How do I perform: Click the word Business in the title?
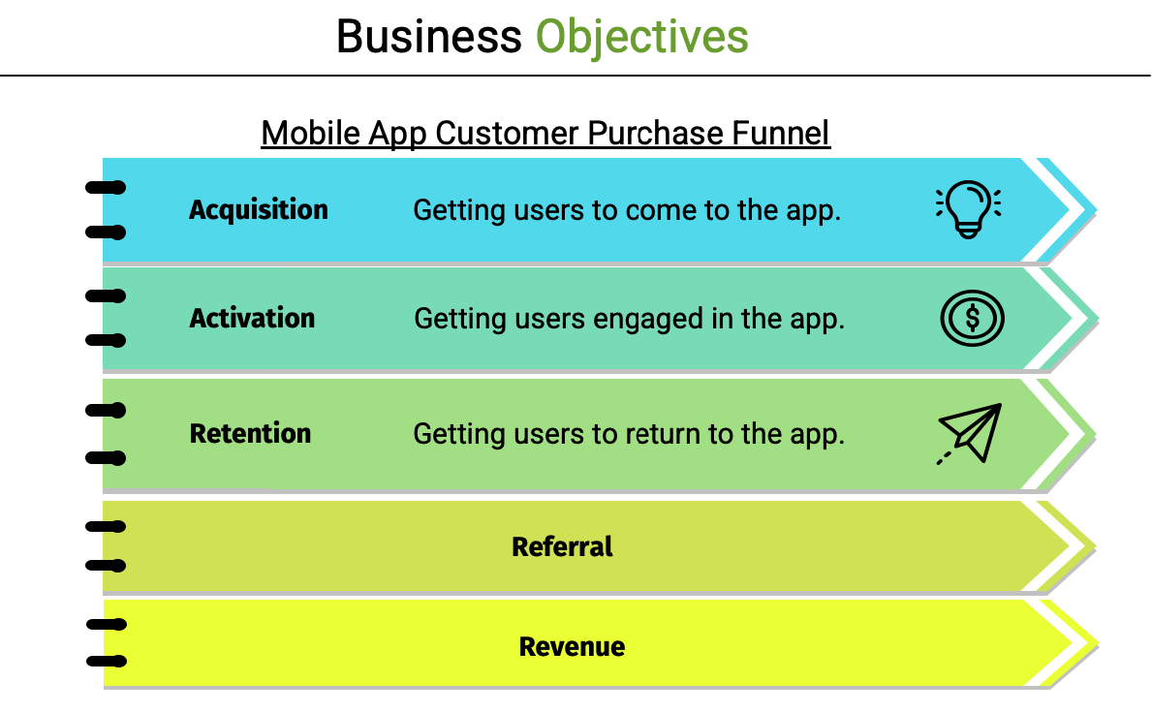click(x=429, y=37)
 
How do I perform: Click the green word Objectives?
click(x=642, y=38)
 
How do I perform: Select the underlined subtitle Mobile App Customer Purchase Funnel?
click(x=545, y=134)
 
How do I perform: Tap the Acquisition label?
click(x=259, y=210)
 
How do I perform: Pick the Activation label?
click(x=252, y=318)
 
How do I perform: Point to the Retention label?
click(x=251, y=433)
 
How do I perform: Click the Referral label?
click(x=562, y=546)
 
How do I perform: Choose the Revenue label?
click(x=572, y=646)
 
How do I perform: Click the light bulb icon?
click(x=968, y=209)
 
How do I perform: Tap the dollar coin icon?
click(x=972, y=318)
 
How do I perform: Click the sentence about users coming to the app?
click(x=627, y=210)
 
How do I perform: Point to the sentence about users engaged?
click(x=630, y=319)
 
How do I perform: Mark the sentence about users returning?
click(x=629, y=434)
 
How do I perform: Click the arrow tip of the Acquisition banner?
click(x=1096, y=210)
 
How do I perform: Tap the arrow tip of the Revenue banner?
click(x=1097, y=645)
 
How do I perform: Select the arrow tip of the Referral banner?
click(x=1095, y=547)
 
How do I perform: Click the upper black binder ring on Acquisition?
click(x=106, y=188)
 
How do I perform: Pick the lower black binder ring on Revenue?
click(x=107, y=662)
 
